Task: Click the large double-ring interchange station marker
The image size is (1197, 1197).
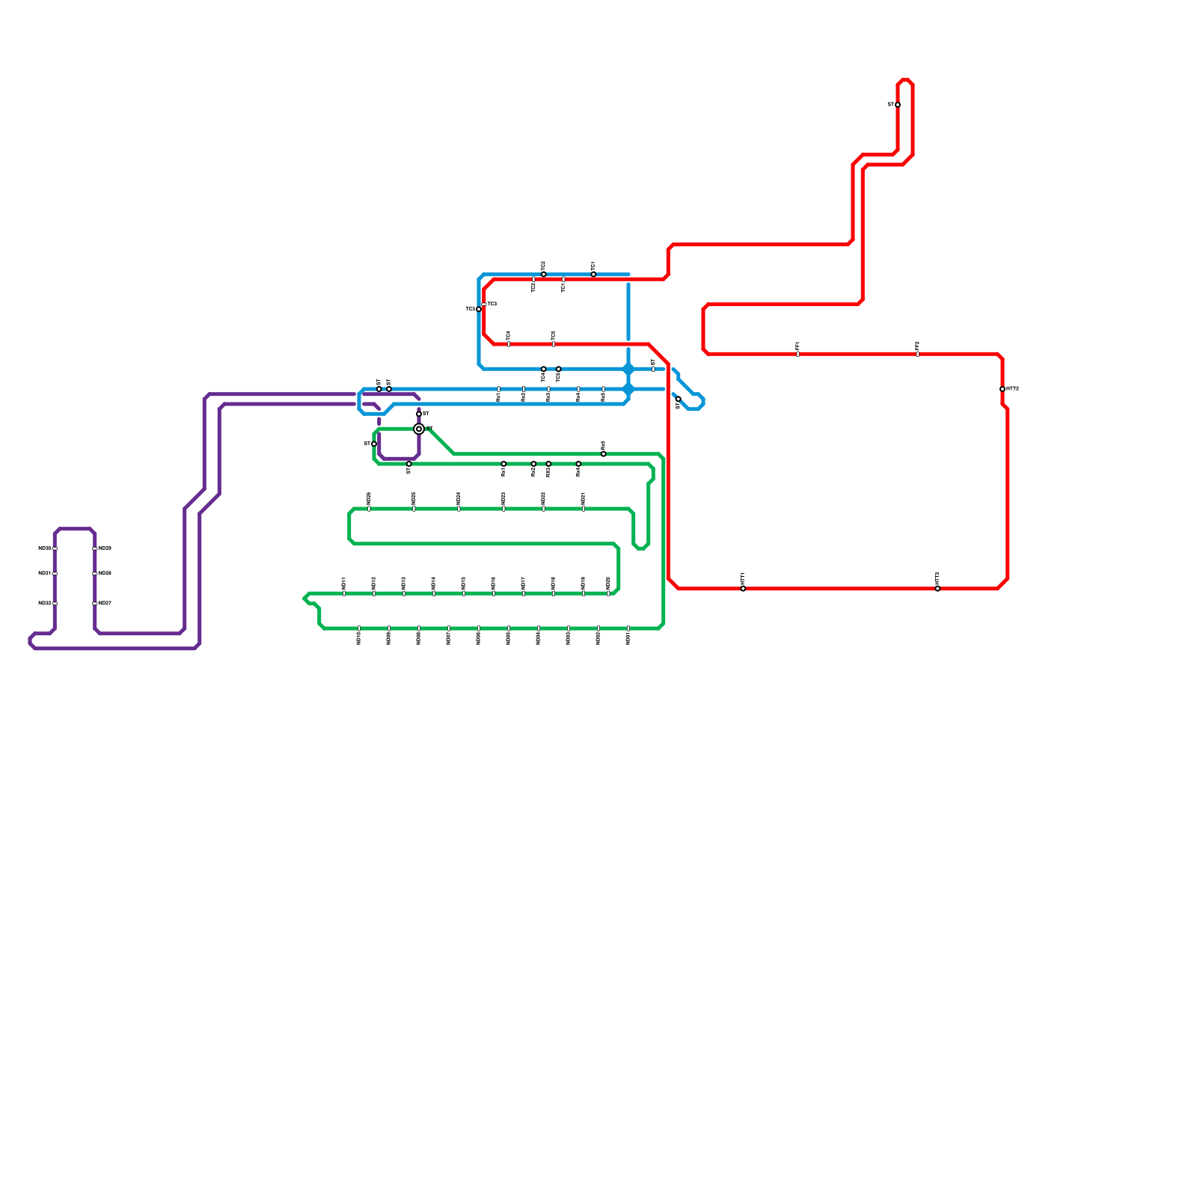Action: coord(419,429)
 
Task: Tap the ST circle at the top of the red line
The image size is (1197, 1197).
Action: coord(898,105)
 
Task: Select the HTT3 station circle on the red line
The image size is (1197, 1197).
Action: coord(1002,389)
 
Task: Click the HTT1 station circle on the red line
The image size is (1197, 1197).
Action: coord(743,589)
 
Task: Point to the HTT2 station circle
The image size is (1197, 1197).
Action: coord(937,589)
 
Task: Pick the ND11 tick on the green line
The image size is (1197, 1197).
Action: coord(344,593)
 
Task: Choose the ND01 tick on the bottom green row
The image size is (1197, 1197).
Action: coord(628,628)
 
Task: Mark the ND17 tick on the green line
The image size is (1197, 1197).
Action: coord(524,593)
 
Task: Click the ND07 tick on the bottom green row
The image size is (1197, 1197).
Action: coord(449,628)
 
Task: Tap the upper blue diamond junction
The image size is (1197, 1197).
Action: coord(628,369)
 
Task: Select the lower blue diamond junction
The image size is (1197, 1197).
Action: coord(628,389)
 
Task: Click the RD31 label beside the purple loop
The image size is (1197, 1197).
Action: coord(44,574)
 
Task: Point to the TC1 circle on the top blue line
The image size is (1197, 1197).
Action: coord(593,275)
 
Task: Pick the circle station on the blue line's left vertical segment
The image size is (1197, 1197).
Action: coord(479,309)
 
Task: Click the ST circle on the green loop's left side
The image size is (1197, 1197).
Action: coord(374,444)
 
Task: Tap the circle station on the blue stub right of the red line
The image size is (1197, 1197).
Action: coord(679,399)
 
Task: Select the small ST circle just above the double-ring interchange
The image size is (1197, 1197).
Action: coord(419,414)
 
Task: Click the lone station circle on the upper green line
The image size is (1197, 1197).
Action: coord(604,454)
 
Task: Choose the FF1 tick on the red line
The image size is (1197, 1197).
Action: coord(798,354)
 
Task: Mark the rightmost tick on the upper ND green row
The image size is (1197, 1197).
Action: coord(584,509)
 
